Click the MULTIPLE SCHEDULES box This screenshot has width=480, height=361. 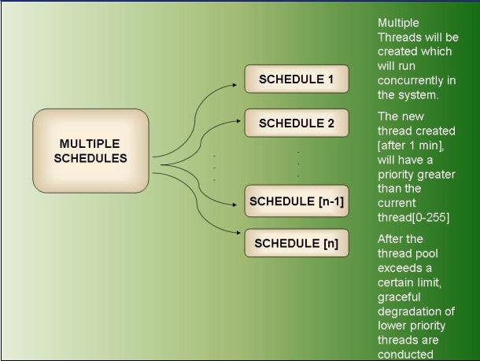pos(90,151)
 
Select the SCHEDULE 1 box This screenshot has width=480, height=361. pos(297,79)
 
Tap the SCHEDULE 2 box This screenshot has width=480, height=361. pos(297,123)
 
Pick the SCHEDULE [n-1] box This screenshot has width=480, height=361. pos(297,201)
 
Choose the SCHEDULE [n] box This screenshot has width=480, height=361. pos(297,243)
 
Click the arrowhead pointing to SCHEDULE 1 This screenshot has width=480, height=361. pos(234,85)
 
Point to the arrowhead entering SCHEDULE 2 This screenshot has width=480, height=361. pos(238,121)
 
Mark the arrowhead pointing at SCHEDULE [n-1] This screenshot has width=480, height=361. pos(234,204)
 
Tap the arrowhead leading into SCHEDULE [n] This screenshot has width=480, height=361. pos(238,233)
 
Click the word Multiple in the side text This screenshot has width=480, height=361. pos(398,24)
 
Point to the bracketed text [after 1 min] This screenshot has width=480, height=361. pos(411,146)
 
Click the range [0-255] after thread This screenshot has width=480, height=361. pos(431,218)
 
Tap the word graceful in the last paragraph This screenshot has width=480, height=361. pos(399,297)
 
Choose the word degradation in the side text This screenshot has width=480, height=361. pos(410,311)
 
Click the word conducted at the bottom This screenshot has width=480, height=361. pos(405,354)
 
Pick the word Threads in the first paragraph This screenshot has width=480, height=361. pos(394,37)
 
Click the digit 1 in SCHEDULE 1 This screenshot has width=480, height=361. pos(330,79)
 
